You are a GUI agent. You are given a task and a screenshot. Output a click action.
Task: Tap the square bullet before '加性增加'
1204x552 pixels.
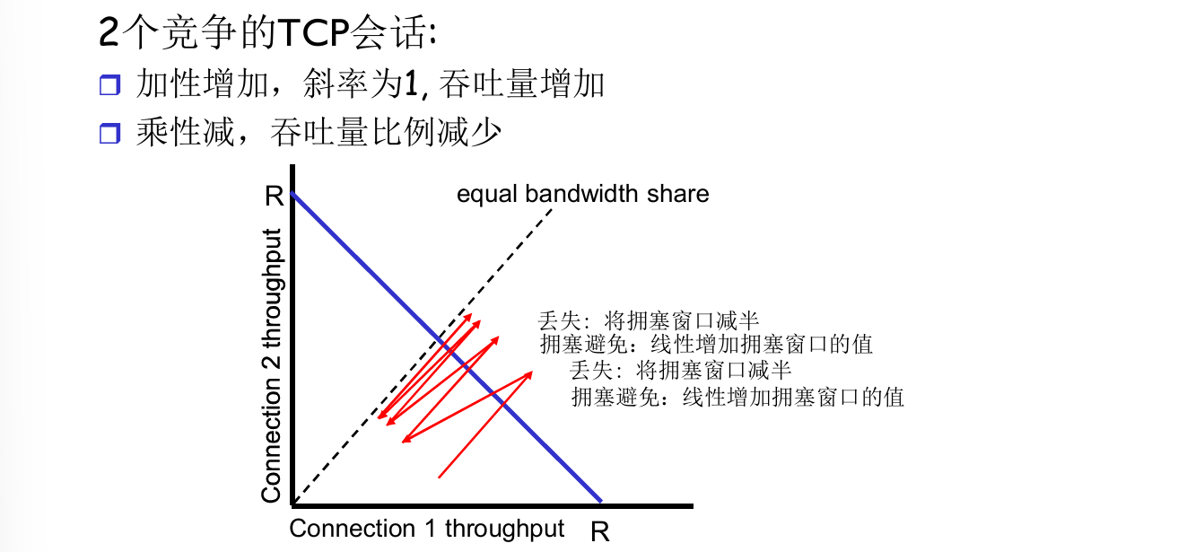click(x=109, y=86)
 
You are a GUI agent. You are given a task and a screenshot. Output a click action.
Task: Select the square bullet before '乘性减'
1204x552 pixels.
click(x=109, y=135)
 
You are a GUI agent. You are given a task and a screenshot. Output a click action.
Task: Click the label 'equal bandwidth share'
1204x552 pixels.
click(x=582, y=194)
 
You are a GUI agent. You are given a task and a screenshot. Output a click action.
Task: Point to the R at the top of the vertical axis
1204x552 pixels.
click(x=275, y=196)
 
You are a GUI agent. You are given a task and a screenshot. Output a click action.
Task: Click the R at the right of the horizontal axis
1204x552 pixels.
click(x=600, y=531)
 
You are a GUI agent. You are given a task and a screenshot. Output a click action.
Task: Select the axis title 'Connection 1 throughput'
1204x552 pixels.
click(x=426, y=529)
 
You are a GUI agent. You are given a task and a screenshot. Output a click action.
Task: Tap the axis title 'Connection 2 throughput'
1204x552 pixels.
click(x=271, y=365)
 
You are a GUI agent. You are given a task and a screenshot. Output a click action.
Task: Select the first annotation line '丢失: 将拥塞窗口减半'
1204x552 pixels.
click(x=648, y=320)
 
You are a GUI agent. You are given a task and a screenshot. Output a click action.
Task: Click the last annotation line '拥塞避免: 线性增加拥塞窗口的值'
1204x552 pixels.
click(x=737, y=396)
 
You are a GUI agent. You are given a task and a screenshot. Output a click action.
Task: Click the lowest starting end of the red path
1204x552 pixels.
click(x=439, y=477)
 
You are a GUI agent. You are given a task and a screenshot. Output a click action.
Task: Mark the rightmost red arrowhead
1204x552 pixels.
click(x=529, y=374)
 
